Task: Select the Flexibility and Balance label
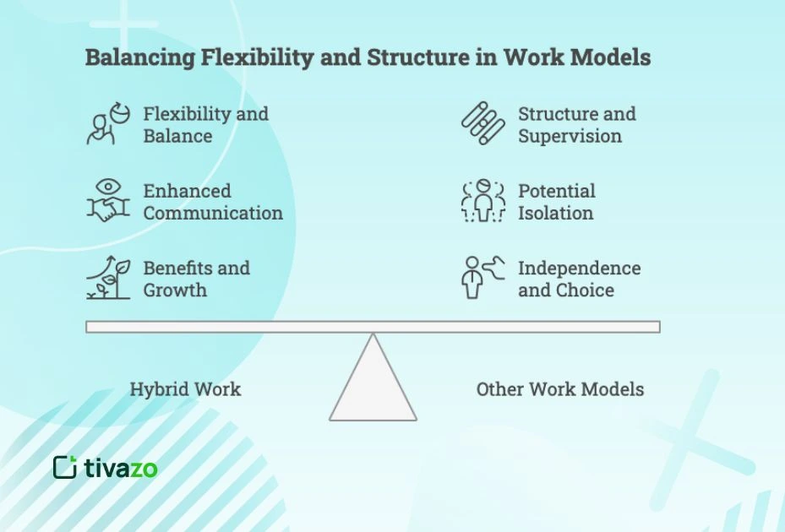205,125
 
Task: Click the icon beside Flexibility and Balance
107,124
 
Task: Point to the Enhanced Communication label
212,202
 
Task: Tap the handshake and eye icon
107,201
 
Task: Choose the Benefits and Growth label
196,279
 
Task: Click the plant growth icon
107,279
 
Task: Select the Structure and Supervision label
576,125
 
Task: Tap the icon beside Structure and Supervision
482,124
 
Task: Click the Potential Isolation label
556,202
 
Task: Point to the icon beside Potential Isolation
482,201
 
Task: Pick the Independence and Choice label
579,279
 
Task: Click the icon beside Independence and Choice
482,278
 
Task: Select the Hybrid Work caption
185,389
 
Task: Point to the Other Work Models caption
559,389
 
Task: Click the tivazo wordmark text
121,468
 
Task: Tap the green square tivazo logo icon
65,467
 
